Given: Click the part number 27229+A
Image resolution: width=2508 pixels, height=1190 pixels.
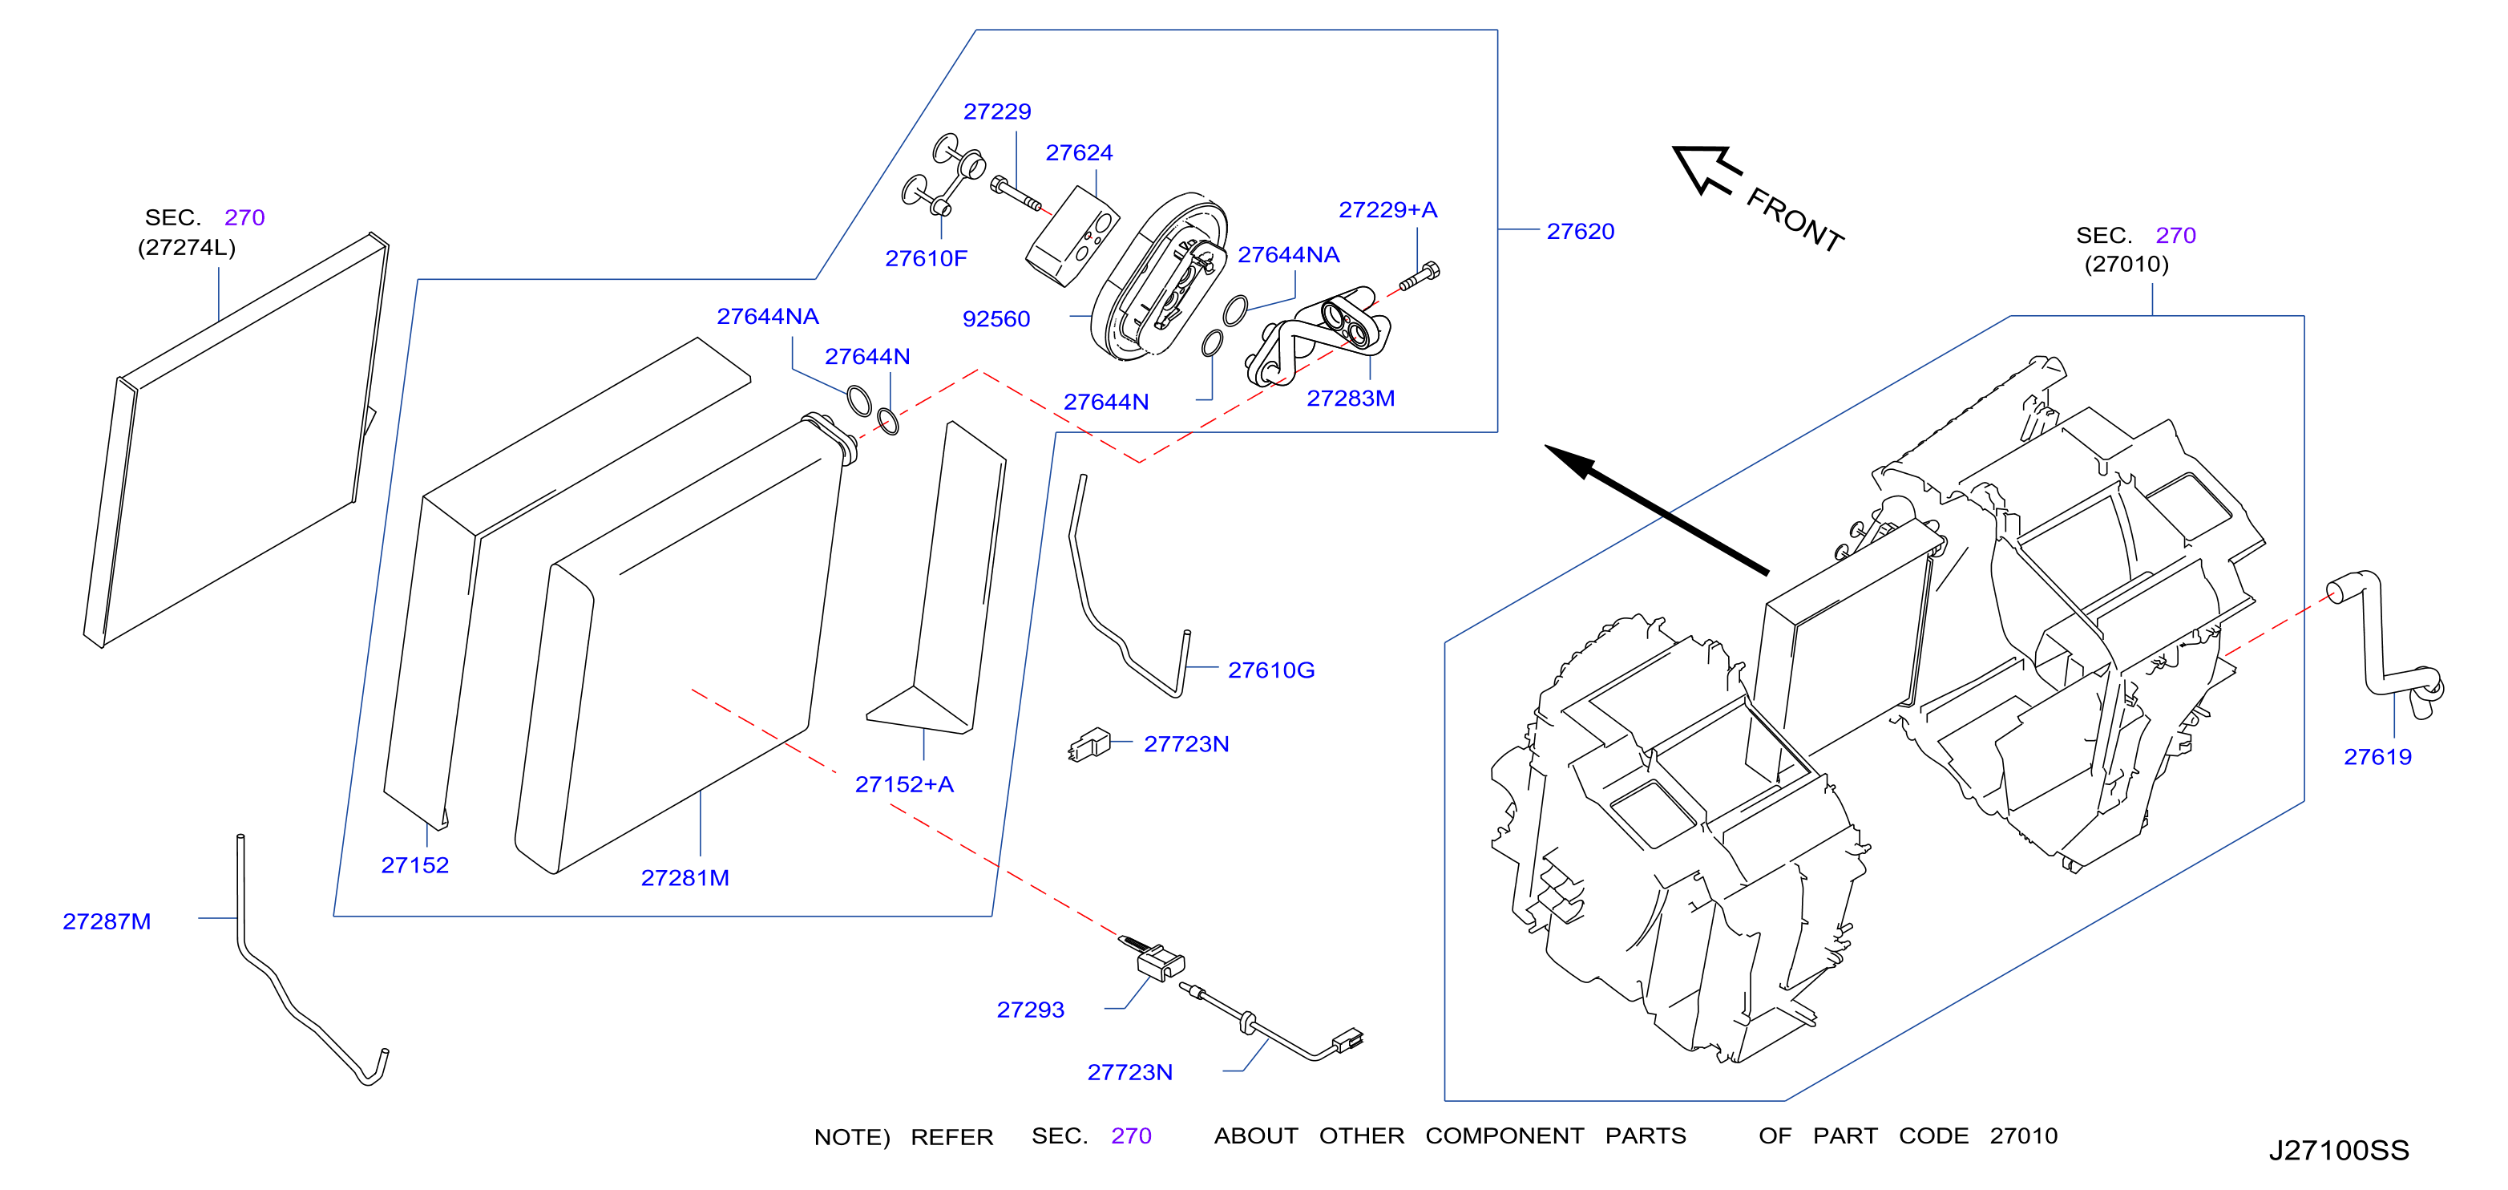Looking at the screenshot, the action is (1387, 209).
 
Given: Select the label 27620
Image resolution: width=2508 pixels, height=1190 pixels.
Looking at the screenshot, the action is (1580, 231).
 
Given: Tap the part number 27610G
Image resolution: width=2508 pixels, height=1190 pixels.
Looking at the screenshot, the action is (1270, 670).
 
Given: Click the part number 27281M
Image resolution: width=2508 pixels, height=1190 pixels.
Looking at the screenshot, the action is (685, 877).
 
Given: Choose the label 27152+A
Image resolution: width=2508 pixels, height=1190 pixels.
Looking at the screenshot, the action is (903, 784).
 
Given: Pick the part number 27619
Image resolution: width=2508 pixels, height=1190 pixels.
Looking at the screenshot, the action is (2377, 757).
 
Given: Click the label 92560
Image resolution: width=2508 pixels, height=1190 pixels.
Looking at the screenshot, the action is (996, 318).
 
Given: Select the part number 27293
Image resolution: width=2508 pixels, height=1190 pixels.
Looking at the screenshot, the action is (1030, 1010).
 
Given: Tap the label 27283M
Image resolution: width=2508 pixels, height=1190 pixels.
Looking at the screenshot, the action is (1351, 399).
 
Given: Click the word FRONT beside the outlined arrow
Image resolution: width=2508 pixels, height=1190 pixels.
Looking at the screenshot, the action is (1795, 220).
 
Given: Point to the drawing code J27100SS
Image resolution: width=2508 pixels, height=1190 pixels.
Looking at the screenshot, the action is (2339, 1150).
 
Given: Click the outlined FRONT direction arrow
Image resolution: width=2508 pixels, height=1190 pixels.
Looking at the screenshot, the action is (1706, 169).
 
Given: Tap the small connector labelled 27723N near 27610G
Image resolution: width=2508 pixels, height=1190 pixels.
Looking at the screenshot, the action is (1089, 745).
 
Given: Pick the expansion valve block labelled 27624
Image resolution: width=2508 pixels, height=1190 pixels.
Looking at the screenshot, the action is (1073, 237).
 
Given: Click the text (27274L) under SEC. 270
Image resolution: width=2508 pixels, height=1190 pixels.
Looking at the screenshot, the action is (186, 247).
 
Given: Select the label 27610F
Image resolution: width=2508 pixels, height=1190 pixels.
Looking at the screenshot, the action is (926, 258).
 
